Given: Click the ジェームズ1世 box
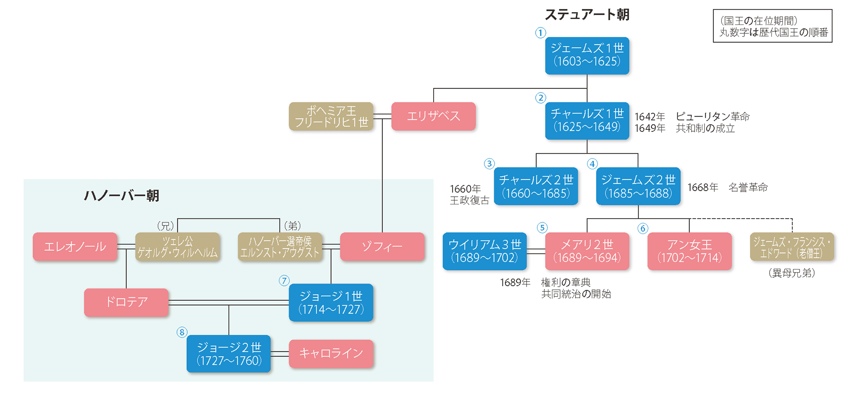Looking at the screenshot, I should (587, 55).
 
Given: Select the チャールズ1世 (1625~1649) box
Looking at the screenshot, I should (587, 120).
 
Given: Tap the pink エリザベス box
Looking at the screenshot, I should (433, 116).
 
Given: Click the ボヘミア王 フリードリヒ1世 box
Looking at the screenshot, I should (331, 116).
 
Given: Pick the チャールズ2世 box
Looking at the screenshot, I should (536, 186).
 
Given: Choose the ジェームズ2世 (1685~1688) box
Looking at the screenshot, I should (638, 186).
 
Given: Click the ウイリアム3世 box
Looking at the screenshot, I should (485, 251).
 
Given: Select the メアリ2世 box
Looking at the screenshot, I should (587, 251).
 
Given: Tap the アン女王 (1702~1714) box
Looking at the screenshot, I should (689, 251).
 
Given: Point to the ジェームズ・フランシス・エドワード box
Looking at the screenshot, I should (792, 247).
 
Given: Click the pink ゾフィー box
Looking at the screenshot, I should (382, 246).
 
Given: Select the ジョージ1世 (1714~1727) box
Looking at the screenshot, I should (331, 303).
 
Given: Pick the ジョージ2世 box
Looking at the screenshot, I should (229, 354).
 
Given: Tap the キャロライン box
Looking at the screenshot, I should (331, 354).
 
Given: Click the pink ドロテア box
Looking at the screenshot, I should (126, 302).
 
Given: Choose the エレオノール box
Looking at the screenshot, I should (75, 246).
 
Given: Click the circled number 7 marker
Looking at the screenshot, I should (284, 281).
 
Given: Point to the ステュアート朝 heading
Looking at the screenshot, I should (587, 15).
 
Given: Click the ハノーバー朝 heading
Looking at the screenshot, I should (122, 195).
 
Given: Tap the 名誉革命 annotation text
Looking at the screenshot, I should (748, 187).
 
